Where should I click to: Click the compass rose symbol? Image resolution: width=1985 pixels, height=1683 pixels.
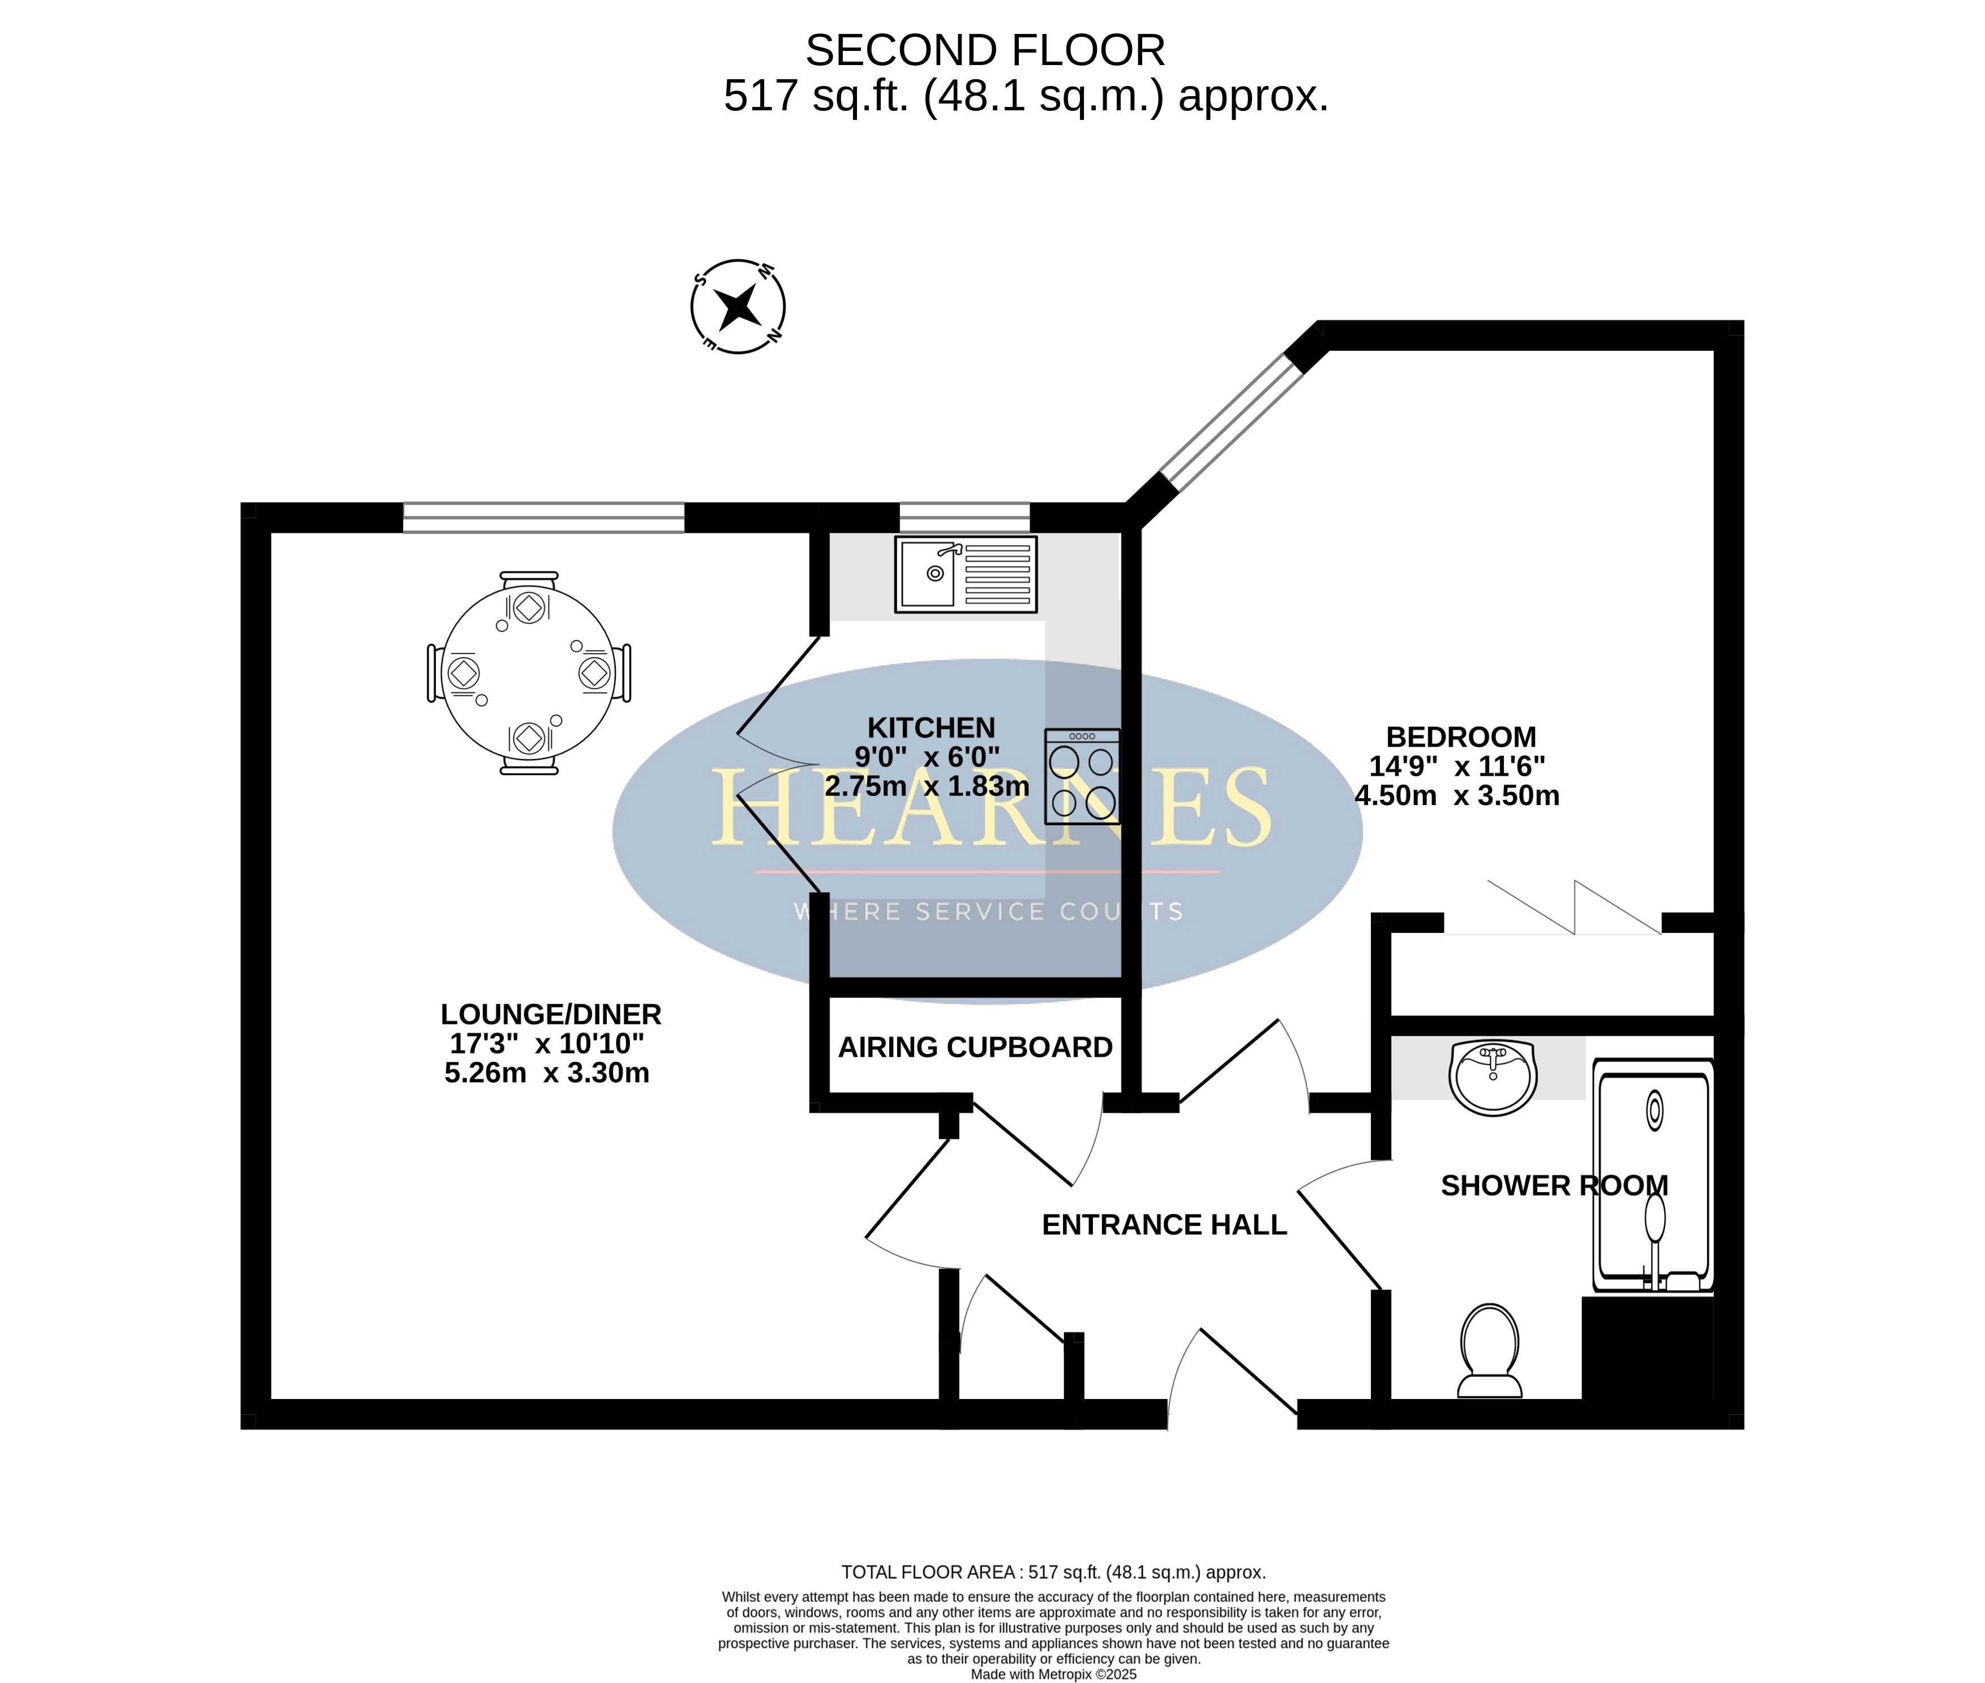[738, 306]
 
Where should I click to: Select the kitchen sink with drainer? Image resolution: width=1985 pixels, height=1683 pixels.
[966, 574]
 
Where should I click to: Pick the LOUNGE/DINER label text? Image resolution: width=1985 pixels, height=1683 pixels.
[551, 1014]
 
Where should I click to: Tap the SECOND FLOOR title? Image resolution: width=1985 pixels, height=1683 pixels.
[985, 50]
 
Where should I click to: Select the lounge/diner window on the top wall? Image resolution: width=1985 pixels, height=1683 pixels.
[544, 517]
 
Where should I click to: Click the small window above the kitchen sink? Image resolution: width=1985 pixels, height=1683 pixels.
[965, 517]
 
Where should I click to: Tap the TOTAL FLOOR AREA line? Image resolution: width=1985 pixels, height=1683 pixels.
[1053, 1572]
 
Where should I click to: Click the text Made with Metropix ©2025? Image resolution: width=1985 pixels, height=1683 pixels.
[1053, 1673]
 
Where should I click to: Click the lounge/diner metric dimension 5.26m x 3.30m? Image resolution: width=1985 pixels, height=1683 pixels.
[547, 1073]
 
